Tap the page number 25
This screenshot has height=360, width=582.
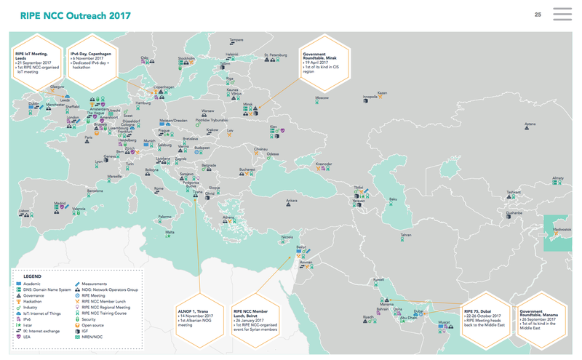tap(538, 15)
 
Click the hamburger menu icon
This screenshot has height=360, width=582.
tap(562, 15)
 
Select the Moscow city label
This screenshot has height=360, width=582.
tap(322, 97)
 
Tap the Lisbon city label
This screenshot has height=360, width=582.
tap(24, 211)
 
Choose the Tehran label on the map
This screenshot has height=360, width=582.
tap(406, 235)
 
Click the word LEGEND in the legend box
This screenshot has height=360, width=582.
tap(33, 277)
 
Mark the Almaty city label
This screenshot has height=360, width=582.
tap(558, 177)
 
